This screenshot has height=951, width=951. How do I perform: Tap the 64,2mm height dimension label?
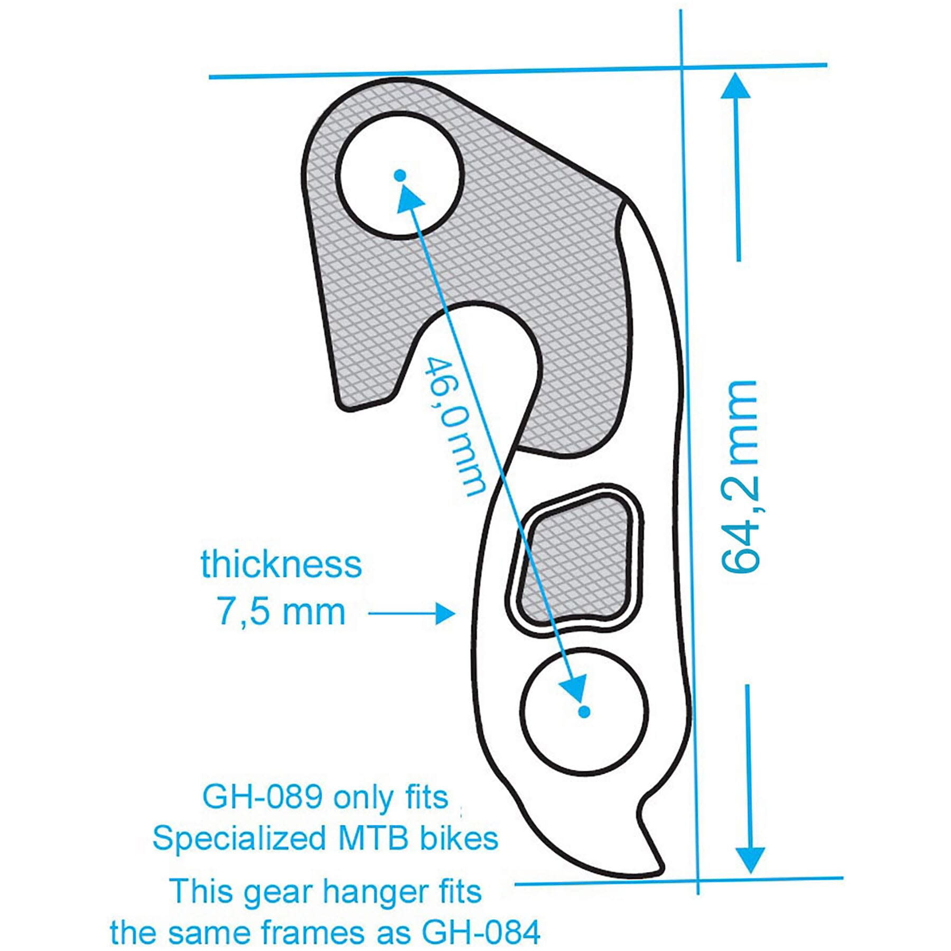tap(740, 475)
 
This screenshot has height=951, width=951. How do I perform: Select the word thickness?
tap(281, 564)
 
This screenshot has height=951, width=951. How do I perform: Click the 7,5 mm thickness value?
tap(281, 612)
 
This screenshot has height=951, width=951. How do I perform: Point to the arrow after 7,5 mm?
tap(412, 613)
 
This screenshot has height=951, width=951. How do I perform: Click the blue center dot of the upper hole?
tap(400, 175)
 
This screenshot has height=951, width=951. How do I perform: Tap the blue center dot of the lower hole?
tap(584, 712)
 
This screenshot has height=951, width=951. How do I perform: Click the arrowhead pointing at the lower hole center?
tap(573, 687)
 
